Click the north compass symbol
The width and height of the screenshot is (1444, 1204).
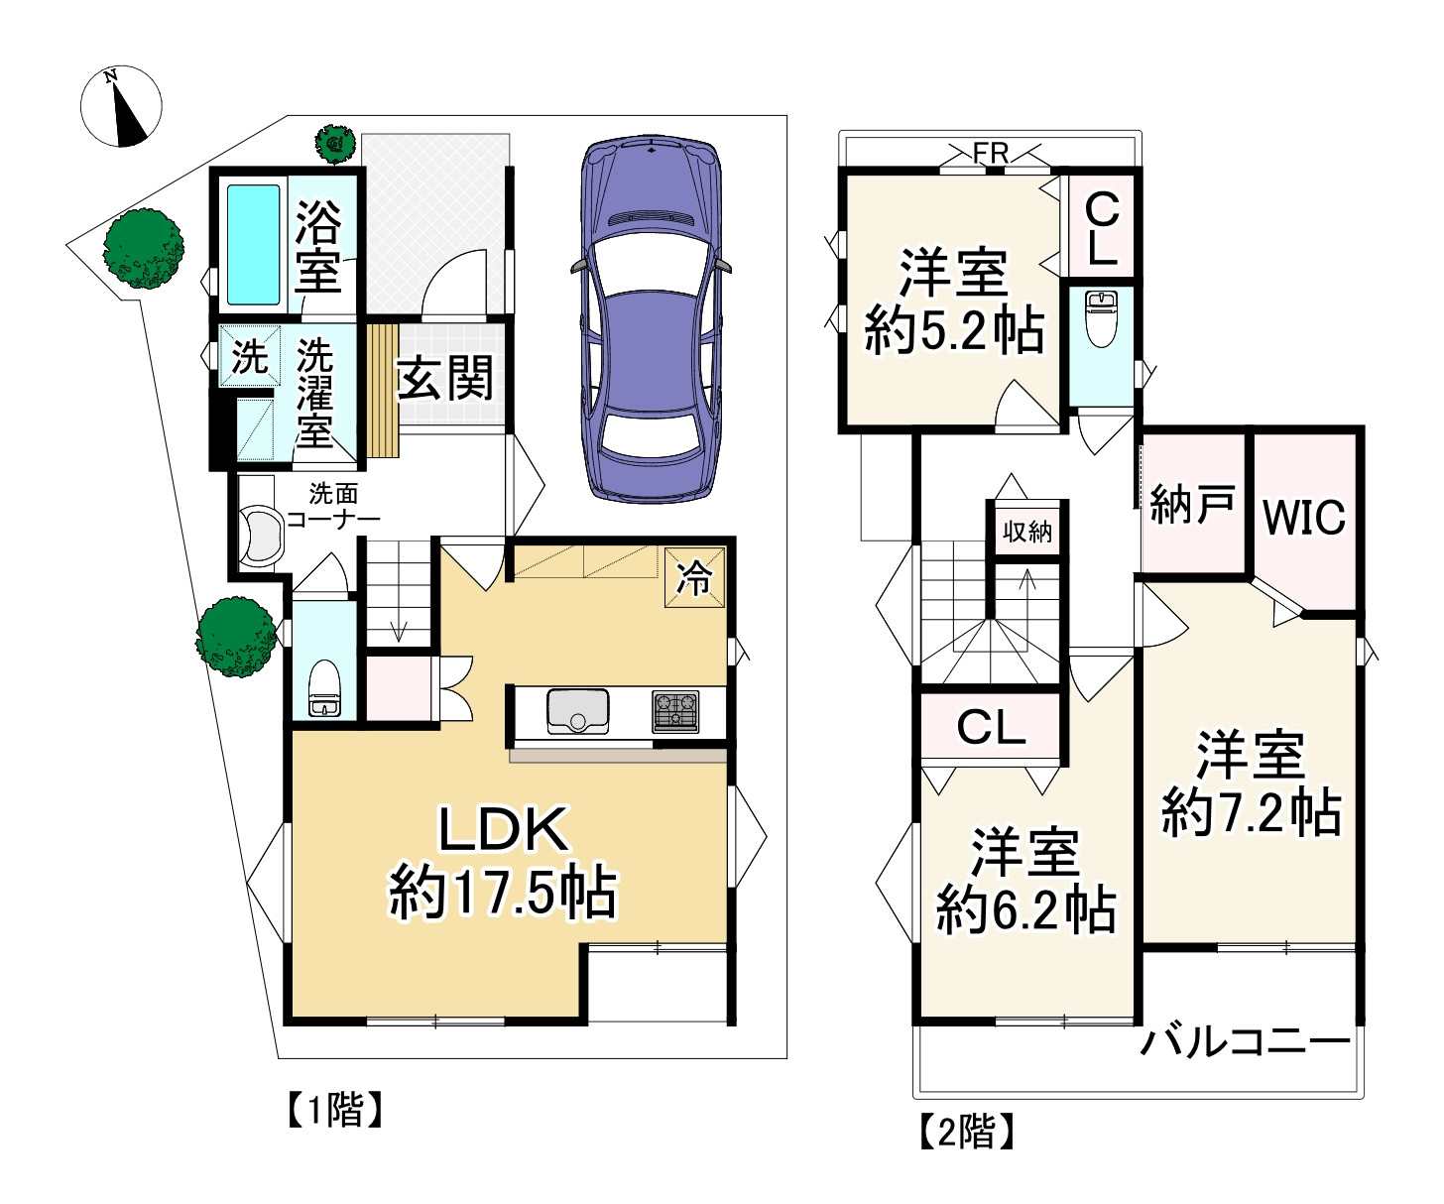[x=121, y=106]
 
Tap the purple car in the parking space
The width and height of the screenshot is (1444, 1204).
[x=652, y=317]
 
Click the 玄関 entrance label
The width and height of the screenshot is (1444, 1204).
[x=444, y=378]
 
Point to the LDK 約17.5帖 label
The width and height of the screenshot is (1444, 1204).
[x=503, y=861]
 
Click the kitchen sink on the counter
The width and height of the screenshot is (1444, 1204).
[x=577, y=710]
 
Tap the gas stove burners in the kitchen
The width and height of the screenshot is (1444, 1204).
[x=675, y=711]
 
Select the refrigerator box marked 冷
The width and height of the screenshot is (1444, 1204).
[x=694, y=577]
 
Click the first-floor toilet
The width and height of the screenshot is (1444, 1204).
[x=323, y=688]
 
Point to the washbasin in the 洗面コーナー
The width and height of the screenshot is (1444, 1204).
[x=259, y=536]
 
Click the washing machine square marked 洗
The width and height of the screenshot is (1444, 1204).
[x=250, y=356]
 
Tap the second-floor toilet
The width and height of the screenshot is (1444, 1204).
[x=1101, y=318]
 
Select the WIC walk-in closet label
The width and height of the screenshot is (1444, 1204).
[x=1304, y=517]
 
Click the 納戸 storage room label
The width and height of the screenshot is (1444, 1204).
[x=1192, y=506]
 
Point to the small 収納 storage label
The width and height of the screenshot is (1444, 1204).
[x=1027, y=532]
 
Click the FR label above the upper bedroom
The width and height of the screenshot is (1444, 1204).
[x=991, y=154]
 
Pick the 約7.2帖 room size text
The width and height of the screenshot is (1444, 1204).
[x=1252, y=812]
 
